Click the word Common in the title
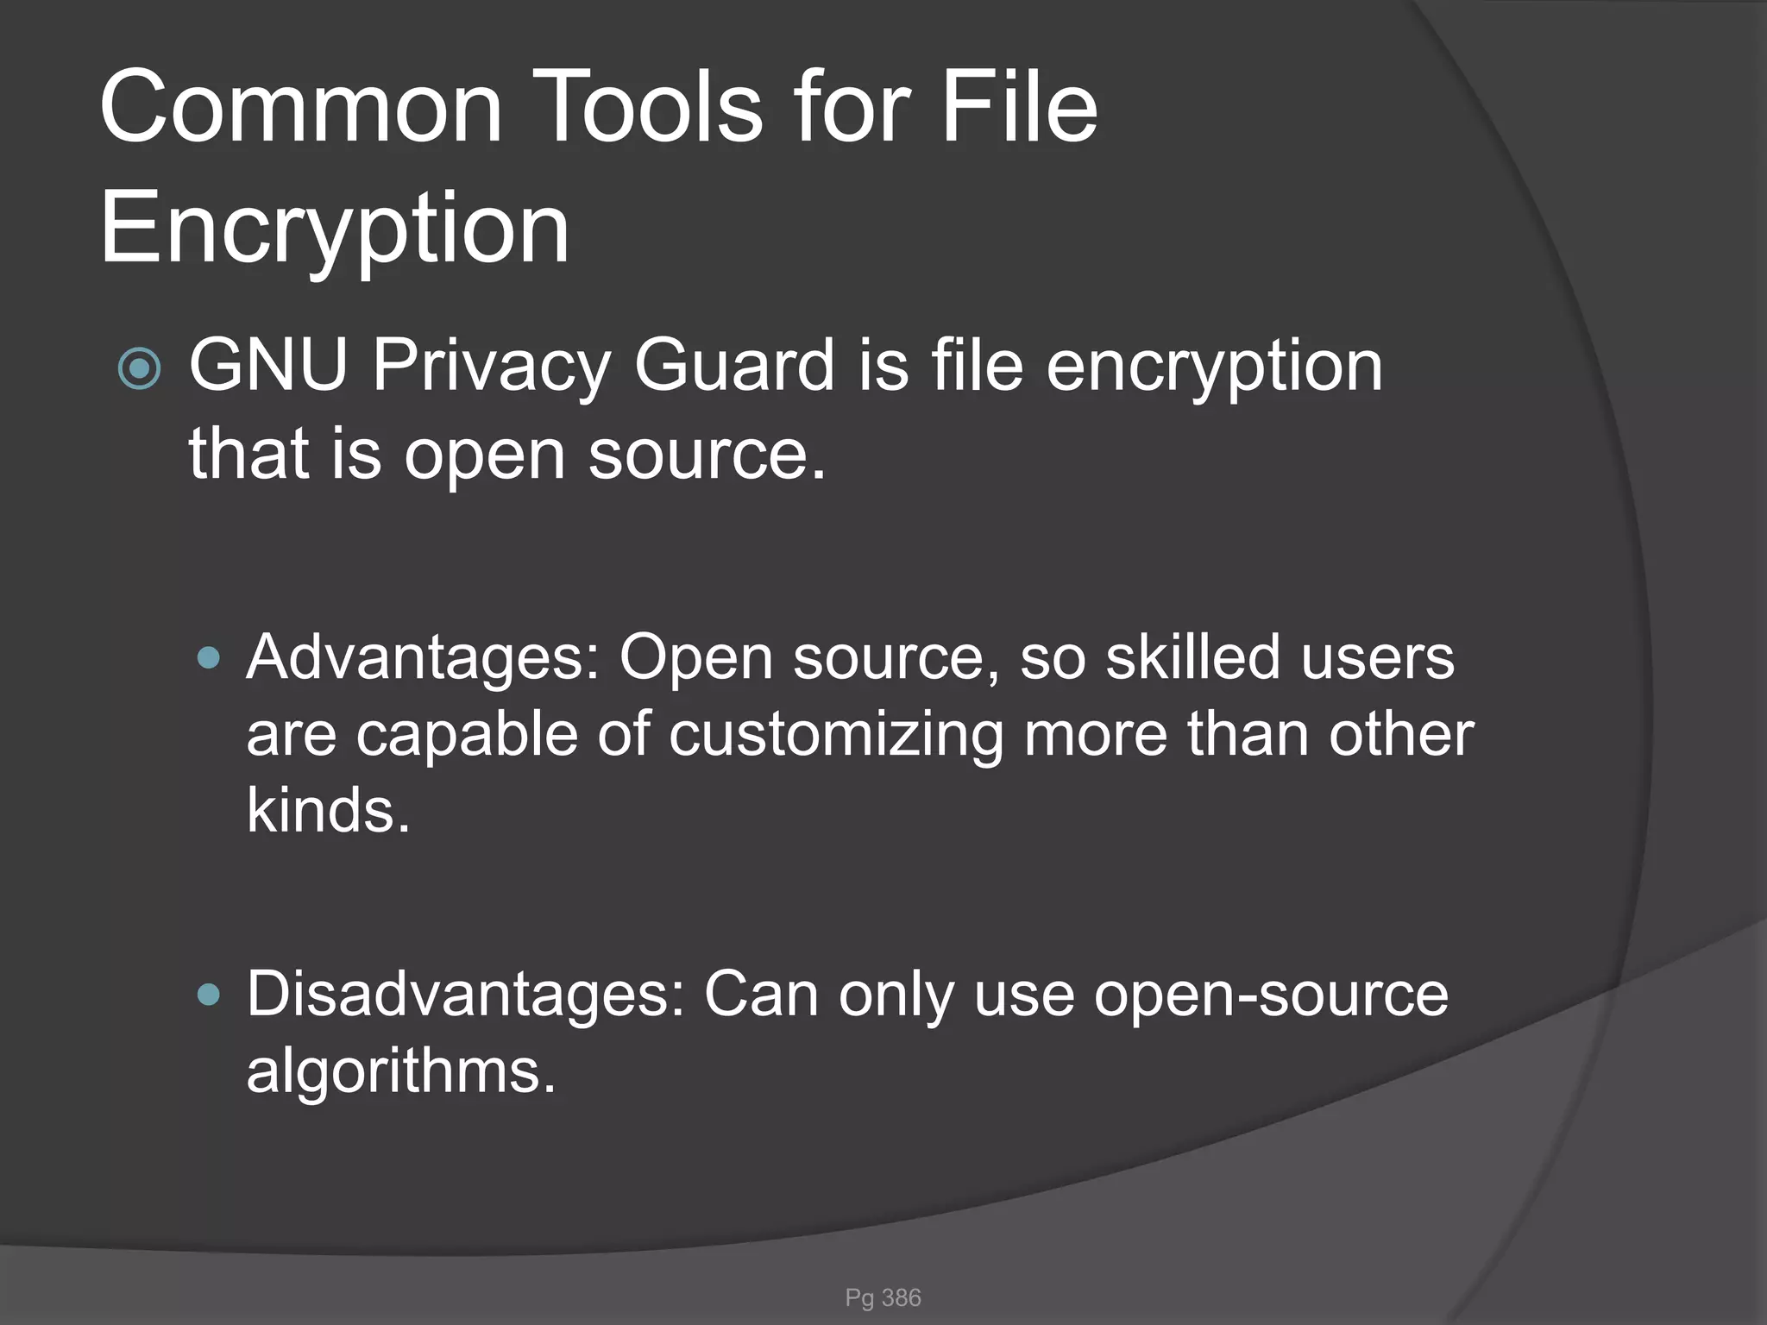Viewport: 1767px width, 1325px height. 301,108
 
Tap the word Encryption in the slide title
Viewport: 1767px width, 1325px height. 335,229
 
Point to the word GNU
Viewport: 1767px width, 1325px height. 268,366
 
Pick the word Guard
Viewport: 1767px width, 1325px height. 734,366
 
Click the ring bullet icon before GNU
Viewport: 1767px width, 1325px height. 139,369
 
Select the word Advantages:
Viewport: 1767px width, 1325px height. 424,658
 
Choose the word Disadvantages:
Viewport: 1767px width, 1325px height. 466,995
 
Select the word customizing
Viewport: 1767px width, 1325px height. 836,736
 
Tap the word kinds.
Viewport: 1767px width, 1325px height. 328,811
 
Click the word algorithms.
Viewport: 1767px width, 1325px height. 401,1072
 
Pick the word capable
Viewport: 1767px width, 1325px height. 466,736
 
